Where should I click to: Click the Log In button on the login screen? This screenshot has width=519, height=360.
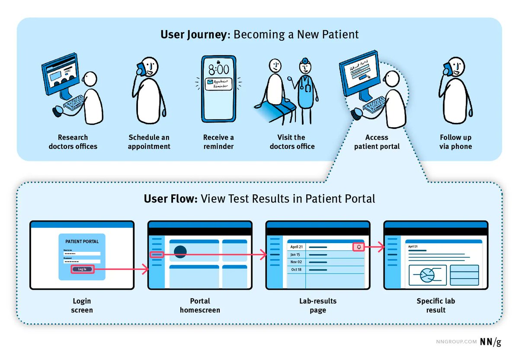pyautogui.click(x=82, y=269)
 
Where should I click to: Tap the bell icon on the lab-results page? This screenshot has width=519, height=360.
pyautogui.click(x=359, y=247)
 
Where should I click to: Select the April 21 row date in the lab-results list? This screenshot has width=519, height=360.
pyautogui.click(x=297, y=247)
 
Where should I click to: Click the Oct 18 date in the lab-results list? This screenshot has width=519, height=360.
pyautogui.click(x=296, y=270)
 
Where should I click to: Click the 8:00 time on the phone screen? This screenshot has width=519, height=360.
pyautogui.click(x=218, y=70)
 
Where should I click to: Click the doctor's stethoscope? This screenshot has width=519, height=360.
pyautogui.click(x=308, y=87)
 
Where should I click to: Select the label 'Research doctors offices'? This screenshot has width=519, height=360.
pyautogui.click(x=73, y=142)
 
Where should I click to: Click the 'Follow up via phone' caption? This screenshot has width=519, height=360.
pyautogui.click(x=455, y=142)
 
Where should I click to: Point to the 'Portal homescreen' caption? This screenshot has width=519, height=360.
pyautogui.click(x=200, y=305)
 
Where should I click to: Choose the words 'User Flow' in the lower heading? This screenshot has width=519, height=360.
pyautogui.click(x=171, y=199)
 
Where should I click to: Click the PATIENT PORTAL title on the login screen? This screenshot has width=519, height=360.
pyautogui.click(x=82, y=241)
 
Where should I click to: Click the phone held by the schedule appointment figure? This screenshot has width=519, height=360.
pyautogui.click(x=140, y=69)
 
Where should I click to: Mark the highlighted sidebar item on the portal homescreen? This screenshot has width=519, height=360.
pyautogui.click(x=157, y=255)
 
